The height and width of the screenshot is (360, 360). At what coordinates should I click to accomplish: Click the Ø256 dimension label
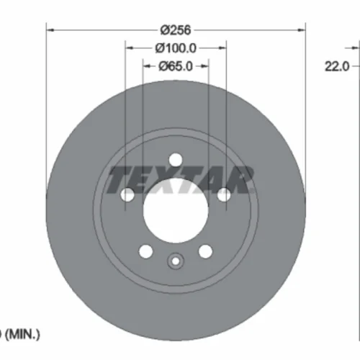pyautogui.click(x=176, y=30)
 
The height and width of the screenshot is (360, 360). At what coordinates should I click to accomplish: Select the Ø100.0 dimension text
pyautogui.click(x=176, y=48)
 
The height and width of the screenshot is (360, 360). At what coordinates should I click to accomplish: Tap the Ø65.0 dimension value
pyautogui.click(x=176, y=66)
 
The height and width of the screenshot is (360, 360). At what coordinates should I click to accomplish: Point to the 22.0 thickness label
pyautogui.click(x=337, y=66)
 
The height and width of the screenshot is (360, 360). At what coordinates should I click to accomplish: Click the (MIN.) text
pyautogui.click(x=22, y=334)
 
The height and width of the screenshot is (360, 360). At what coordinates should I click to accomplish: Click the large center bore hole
pyautogui.click(x=176, y=211)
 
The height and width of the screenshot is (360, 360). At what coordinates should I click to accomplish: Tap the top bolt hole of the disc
pyautogui.click(x=176, y=160)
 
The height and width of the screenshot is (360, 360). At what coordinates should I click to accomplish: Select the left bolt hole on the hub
pyautogui.click(x=127, y=195)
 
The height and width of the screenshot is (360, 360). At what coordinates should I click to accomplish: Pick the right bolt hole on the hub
pyautogui.click(x=224, y=195)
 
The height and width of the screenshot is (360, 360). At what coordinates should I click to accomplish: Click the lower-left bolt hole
pyautogui.click(x=145, y=251)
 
